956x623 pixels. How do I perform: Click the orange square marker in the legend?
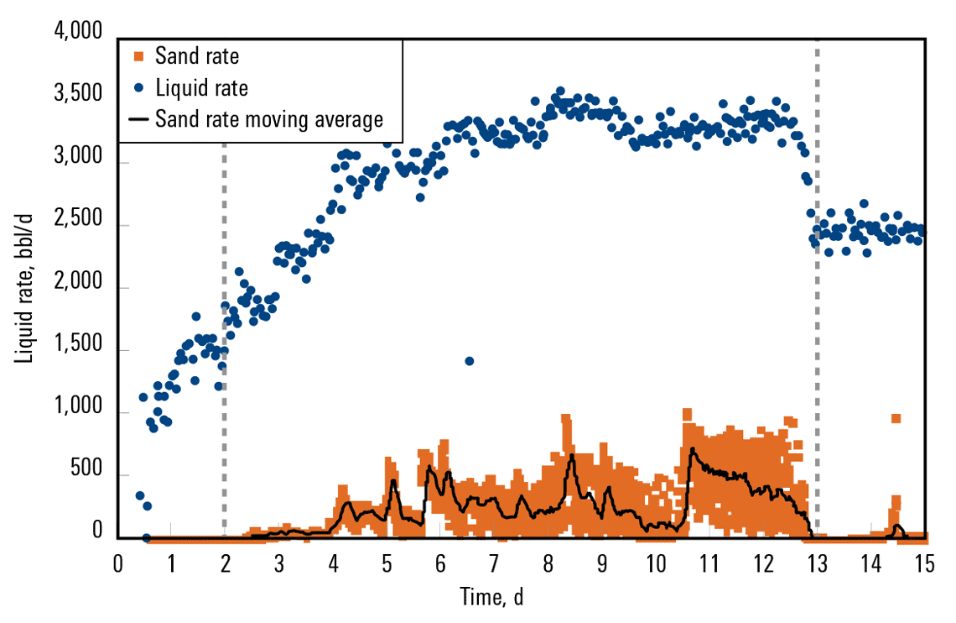point(139,57)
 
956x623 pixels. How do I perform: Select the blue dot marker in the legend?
point(139,87)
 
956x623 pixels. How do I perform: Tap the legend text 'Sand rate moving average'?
point(269,118)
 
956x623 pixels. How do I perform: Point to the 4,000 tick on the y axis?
point(78,33)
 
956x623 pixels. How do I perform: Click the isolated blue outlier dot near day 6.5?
point(470,361)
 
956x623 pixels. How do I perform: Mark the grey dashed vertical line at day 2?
point(224,336)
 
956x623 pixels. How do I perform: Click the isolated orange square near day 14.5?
point(896,418)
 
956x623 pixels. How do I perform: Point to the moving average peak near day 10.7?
point(692,449)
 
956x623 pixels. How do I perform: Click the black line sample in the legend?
point(139,118)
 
